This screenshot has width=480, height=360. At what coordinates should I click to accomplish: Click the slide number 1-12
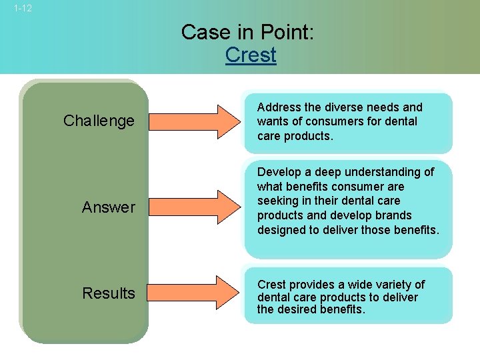coord(22,9)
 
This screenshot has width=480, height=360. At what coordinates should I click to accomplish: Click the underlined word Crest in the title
coord(251,55)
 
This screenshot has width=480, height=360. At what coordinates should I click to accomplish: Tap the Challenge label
coord(99,121)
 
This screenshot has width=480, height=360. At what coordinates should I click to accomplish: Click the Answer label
coord(108,207)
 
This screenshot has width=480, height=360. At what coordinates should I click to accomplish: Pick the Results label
coord(108,293)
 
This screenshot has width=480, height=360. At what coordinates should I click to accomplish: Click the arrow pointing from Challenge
coord(193,121)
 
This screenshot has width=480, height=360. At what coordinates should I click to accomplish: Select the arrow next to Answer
coord(193,207)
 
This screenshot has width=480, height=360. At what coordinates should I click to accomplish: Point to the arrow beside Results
coord(193,293)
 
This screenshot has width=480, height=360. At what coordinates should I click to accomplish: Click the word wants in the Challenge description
coord(273,121)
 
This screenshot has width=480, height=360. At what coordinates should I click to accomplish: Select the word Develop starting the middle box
coord(279,172)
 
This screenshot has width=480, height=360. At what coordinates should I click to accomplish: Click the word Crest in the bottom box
coord(273,285)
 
